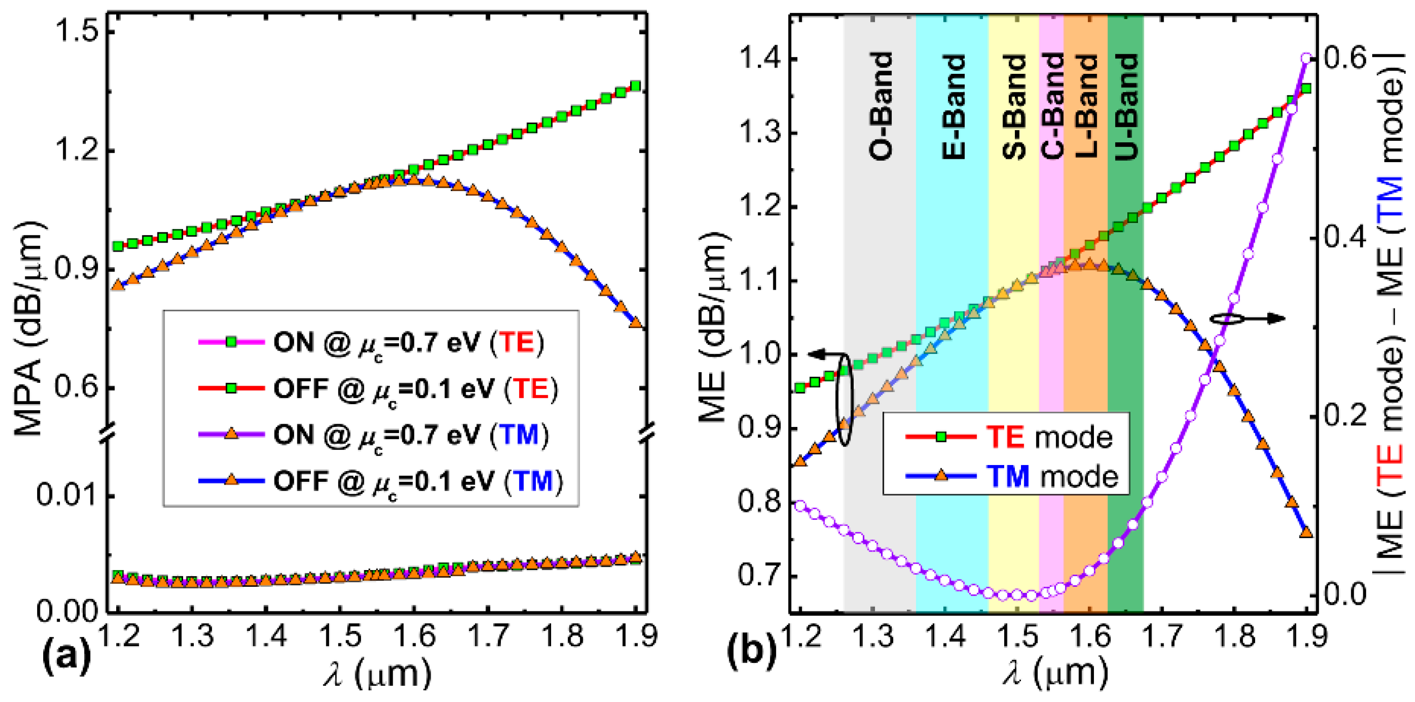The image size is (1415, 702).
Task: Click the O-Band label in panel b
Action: coord(880,106)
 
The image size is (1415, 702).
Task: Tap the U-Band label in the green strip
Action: coord(1125,106)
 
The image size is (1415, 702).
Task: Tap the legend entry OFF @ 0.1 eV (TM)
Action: coord(417,482)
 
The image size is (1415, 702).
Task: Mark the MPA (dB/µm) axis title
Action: coord(28,328)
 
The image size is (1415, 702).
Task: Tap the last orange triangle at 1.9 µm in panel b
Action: coord(1306,531)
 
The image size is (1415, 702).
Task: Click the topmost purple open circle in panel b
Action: coord(1307,58)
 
